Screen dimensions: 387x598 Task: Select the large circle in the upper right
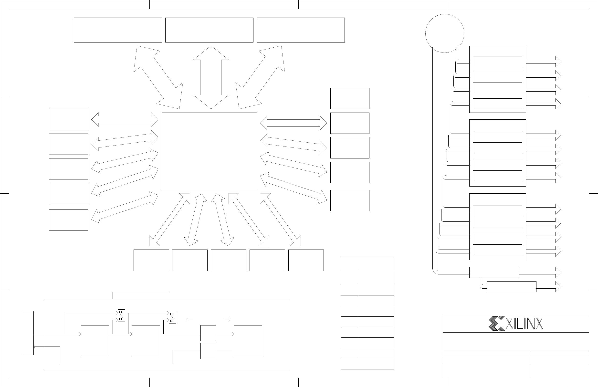(x=445, y=33)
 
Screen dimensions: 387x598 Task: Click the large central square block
(x=209, y=151)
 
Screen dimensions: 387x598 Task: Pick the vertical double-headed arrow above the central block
(x=211, y=77)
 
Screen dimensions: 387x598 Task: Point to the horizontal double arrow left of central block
(x=125, y=120)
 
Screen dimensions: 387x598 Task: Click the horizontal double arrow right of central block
(x=294, y=123)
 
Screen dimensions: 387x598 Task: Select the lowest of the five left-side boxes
(x=69, y=220)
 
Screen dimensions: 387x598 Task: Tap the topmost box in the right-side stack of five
(x=350, y=98)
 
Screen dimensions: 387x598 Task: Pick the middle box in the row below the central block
(x=228, y=260)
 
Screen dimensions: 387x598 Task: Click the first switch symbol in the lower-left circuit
(x=121, y=316)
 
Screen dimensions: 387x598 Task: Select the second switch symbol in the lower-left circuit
(x=172, y=317)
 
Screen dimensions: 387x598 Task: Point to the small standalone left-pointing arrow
(x=190, y=320)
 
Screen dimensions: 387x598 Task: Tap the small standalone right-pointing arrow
(x=227, y=320)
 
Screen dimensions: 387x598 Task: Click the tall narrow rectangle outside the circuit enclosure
(x=28, y=333)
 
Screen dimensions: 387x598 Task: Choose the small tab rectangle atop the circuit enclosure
(x=141, y=295)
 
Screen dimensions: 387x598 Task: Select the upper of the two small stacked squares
(x=208, y=333)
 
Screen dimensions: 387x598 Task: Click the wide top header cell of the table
(x=367, y=264)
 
